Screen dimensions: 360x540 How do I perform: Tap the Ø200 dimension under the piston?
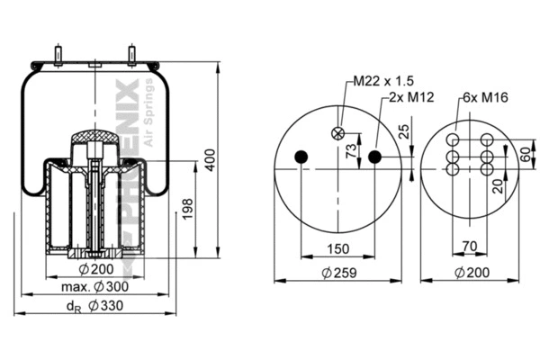pyautogui.click(x=94, y=270)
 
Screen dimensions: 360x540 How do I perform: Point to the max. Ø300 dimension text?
pyautogui.click(x=94, y=286)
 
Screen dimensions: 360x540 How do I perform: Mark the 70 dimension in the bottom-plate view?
pyautogui.click(x=470, y=244)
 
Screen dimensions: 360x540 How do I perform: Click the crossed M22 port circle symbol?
pyautogui.click(x=339, y=133)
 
